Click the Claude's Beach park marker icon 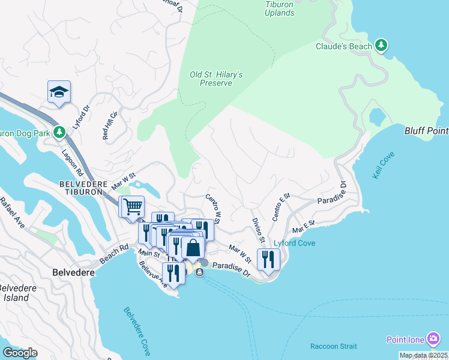click(380, 45)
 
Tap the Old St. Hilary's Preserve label click(216, 79)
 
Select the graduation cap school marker click(59, 92)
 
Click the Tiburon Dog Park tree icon click(59, 132)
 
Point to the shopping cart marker click(133, 206)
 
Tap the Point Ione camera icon click(432, 339)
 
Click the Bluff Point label click(426, 130)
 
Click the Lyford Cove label click(295, 243)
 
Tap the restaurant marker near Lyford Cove click(268, 259)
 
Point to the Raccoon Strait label click(333, 346)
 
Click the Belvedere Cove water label click(137, 331)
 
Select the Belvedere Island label click(16, 293)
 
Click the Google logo click(20, 353)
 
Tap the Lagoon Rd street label click(71, 161)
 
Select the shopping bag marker click(193, 247)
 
